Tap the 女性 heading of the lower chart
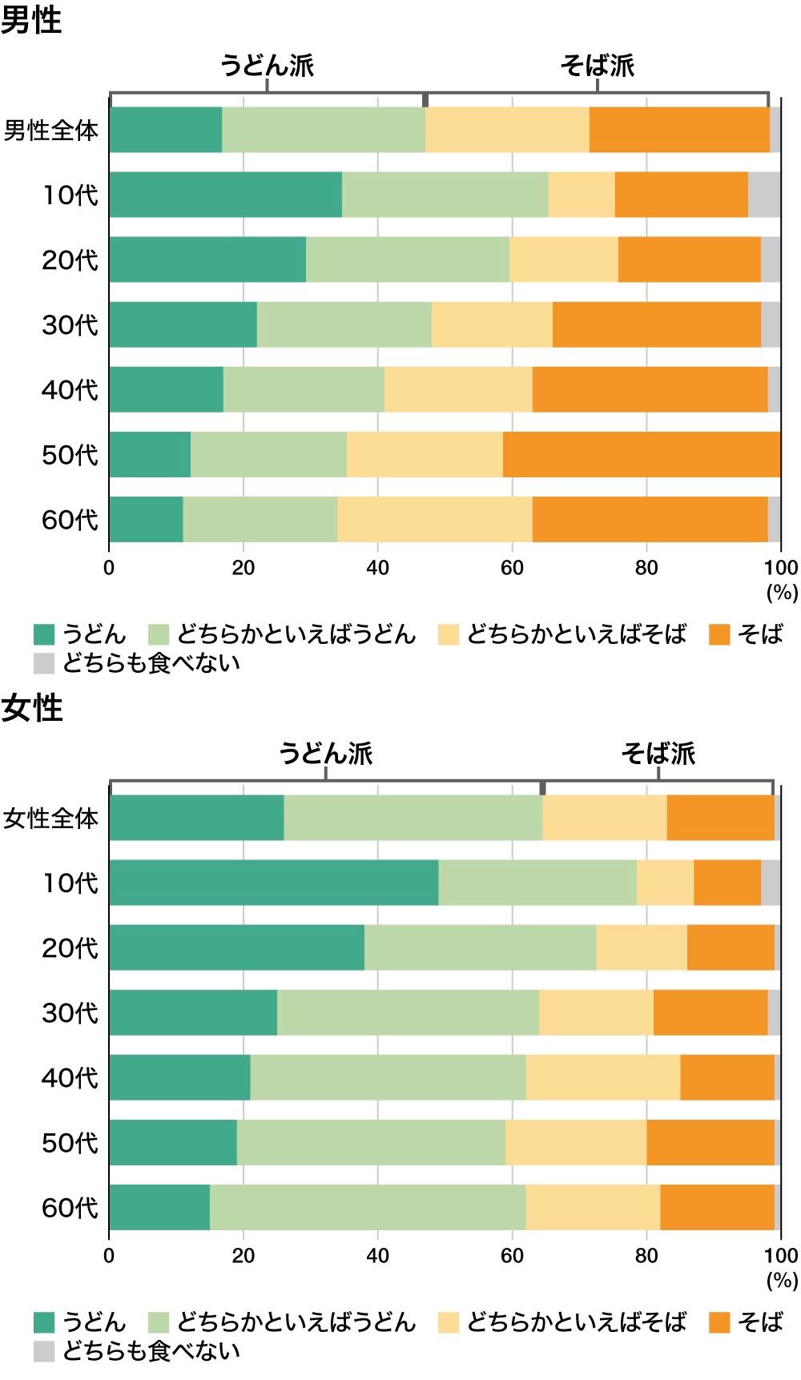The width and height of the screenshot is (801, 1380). pos(31,708)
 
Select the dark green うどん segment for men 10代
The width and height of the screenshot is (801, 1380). pos(225,195)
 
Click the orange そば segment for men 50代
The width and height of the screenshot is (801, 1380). pos(641,454)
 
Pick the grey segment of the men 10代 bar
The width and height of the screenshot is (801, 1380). pos(764,195)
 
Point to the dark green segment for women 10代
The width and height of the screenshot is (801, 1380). pos(274,883)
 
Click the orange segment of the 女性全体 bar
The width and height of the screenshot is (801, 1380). pos(720,818)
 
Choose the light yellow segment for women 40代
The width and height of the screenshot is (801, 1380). pos(602,1077)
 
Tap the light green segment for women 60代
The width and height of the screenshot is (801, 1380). pos(368,1207)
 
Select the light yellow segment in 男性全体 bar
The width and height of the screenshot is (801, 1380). pos(507,130)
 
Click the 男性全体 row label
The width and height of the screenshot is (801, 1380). pos(51,130)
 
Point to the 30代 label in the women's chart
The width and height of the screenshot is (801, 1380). pos(70,1012)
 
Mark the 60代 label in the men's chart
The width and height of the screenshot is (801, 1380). pos(70,520)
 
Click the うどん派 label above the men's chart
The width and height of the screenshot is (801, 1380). pos(268,66)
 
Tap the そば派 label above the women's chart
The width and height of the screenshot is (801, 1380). pos(658,753)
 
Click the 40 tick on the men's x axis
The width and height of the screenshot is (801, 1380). pos(377,568)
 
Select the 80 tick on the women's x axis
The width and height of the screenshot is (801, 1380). pos(646,1255)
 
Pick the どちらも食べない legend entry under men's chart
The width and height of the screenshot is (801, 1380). pos(136,663)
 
